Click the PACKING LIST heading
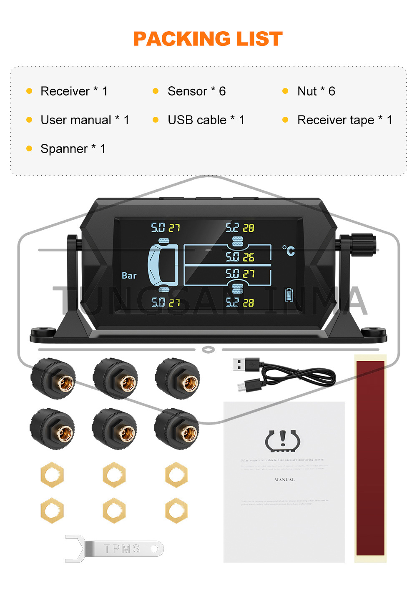pyautogui.click(x=208, y=39)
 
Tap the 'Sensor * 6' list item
pyautogui.click(x=196, y=91)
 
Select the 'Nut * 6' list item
pyautogui.click(x=316, y=91)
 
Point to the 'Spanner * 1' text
pyautogui.click(x=73, y=148)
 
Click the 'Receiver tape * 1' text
pyautogui.click(x=344, y=120)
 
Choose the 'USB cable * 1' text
pyautogui.click(x=206, y=120)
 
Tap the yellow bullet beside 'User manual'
pyautogui.click(x=29, y=120)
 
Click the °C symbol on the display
pyautogui.click(x=289, y=251)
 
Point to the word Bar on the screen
pyautogui.click(x=129, y=276)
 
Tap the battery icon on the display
pyautogui.click(x=289, y=295)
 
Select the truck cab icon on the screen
pyautogui.click(x=163, y=265)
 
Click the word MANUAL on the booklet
pyautogui.click(x=284, y=480)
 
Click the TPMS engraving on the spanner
pyautogui.click(x=121, y=549)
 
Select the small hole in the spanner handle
pyautogui.click(x=156, y=548)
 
